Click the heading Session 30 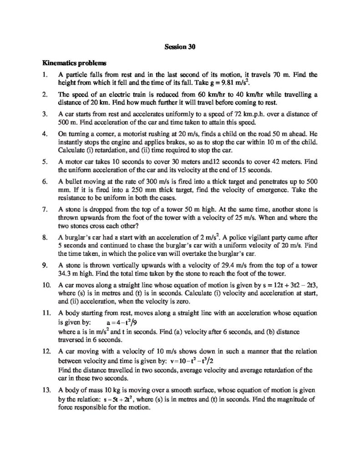(x=180, y=46)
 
